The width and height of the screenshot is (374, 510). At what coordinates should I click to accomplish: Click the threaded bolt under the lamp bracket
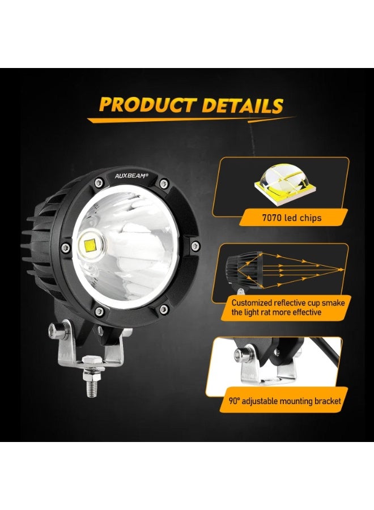point(91,385)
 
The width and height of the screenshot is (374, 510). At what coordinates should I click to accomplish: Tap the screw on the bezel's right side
point(195,245)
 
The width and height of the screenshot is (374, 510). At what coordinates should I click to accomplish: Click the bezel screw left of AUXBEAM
point(99,181)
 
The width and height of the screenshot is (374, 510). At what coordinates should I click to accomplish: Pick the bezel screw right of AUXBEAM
point(164,182)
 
